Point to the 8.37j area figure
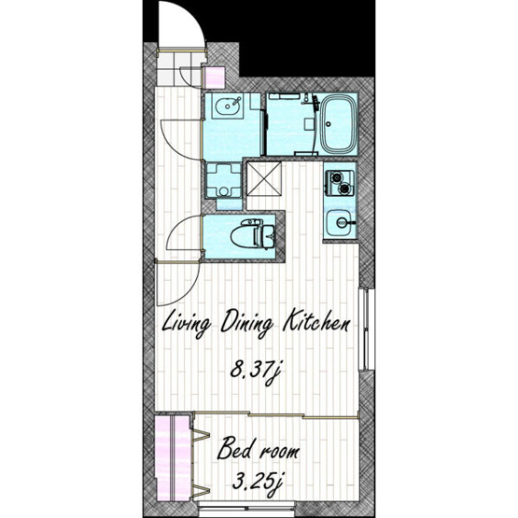click(x=256, y=371)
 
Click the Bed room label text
click(x=258, y=449)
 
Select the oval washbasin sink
click(x=227, y=105)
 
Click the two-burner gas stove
click(x=340, y=182)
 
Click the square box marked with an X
click(x=264, y=178)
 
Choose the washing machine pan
click(x=224, y=181)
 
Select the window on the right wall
click(x=366, y=329)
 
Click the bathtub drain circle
click(x=328, y=124)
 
